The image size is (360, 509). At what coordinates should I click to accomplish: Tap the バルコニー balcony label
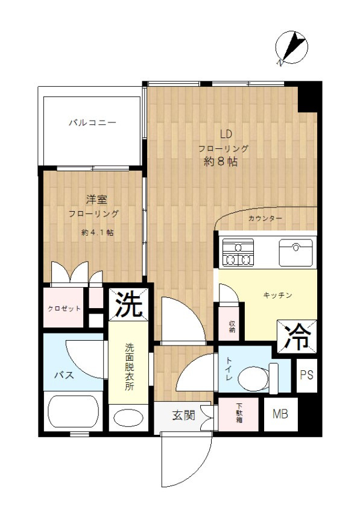92,122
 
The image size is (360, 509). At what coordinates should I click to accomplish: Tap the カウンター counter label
265,218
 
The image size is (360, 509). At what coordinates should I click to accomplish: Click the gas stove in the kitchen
238,253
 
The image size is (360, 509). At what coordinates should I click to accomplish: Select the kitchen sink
295,252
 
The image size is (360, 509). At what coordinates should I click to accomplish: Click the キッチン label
277,295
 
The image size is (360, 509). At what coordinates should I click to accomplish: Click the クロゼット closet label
65,309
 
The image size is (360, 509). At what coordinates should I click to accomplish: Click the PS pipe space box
306,375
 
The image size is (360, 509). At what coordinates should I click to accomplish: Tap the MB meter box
279,414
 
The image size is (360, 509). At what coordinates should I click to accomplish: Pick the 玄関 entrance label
183,416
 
